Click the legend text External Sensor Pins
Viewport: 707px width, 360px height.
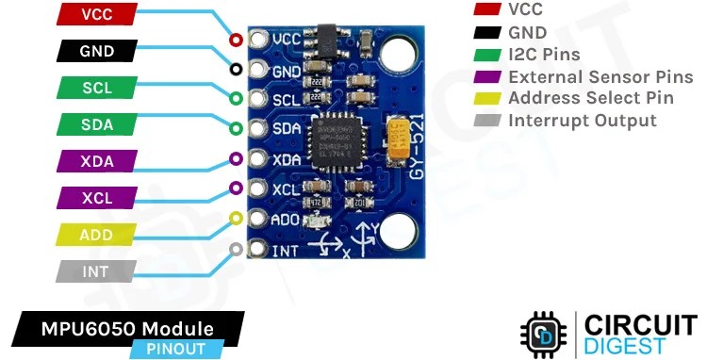600,76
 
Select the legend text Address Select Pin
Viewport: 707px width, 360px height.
591,98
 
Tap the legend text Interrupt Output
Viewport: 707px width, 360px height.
582,121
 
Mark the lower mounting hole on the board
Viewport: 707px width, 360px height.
400,230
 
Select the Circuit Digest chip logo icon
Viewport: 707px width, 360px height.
543,333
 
